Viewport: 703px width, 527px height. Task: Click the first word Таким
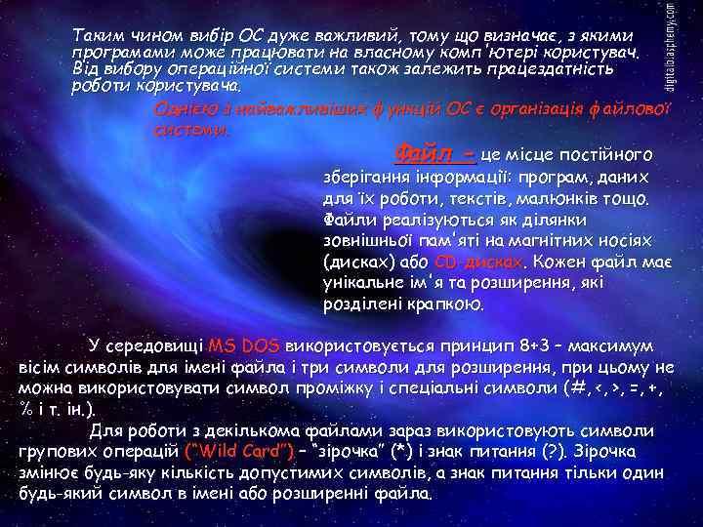click(94, 35)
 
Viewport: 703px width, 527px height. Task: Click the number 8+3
click(543, 346)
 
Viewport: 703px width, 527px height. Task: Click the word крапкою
click(446, 304)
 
